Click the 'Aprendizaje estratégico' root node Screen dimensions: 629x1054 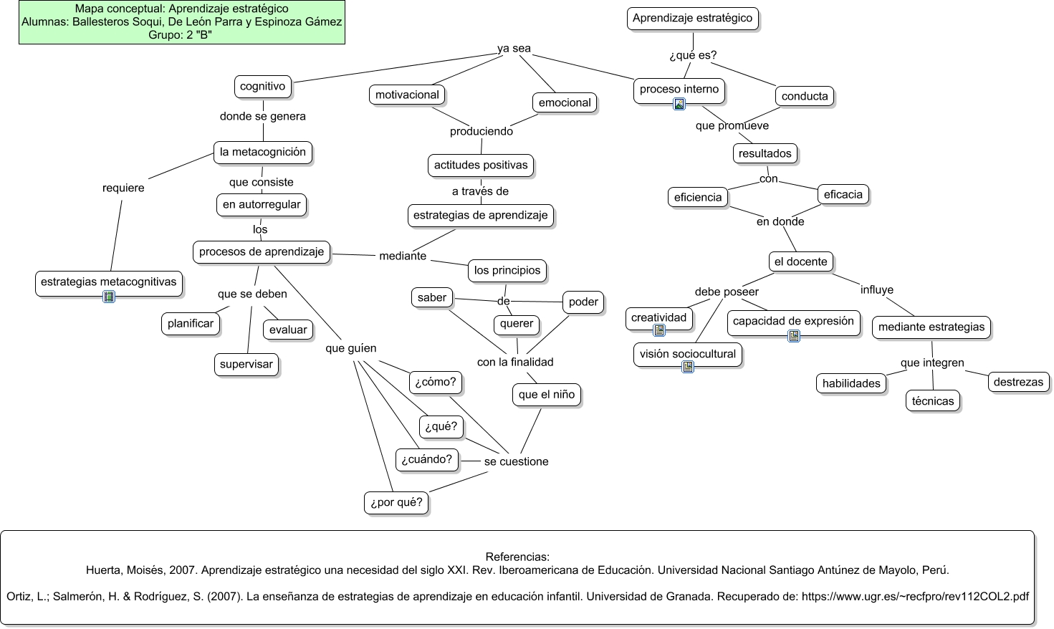[692, 19]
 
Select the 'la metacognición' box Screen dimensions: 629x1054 [262, 152]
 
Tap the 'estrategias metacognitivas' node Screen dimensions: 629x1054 [108, 282]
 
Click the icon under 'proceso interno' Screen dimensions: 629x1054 [679, 104]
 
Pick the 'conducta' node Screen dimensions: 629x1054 [804, 96]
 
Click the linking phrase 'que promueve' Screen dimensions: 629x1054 [732, 126]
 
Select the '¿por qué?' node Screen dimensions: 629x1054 [396, 502]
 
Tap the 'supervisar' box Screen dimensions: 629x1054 [246, 364]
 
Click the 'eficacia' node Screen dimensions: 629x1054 [843, 194]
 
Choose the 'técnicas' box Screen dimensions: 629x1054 [932, 401]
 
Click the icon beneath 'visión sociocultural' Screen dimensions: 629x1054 [688, 367]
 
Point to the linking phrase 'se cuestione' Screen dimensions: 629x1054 [516, 462]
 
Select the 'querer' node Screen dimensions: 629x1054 [516, 324]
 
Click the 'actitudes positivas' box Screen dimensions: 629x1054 [480, 165]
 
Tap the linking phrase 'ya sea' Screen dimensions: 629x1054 [514, 49]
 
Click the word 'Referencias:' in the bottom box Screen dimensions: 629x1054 [517, 557]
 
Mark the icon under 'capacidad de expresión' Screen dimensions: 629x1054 [793, 335]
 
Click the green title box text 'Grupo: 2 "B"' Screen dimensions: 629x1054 [181, 34]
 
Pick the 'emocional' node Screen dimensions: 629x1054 [564, 102]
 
